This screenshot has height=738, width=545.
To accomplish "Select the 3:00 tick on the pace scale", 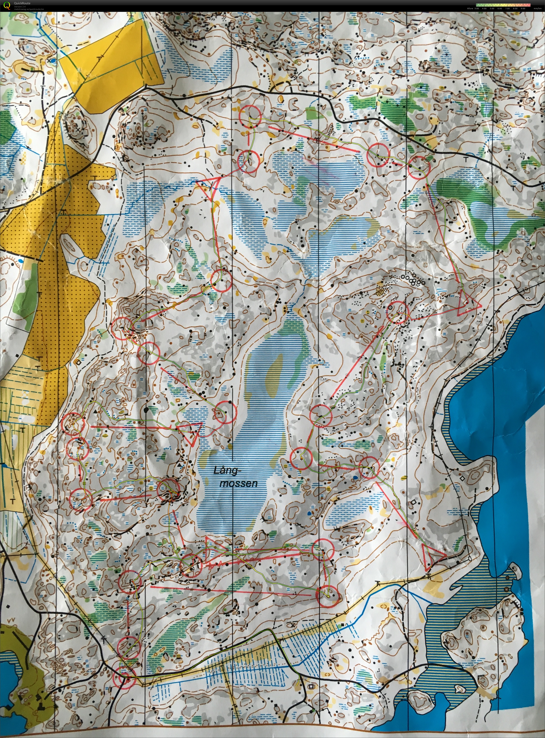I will [477, 8].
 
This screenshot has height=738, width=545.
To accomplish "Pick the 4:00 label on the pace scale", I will [484, 8].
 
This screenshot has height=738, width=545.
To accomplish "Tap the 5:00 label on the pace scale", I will [492, 8].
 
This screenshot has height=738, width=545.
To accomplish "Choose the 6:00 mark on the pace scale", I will [500, 8].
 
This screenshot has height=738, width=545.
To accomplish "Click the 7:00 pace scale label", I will [507, 8].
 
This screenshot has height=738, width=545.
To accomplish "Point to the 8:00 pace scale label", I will [515, 8].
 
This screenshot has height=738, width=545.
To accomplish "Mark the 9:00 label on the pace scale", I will [523, 8].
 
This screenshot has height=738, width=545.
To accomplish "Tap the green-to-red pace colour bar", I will [503, 5].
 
